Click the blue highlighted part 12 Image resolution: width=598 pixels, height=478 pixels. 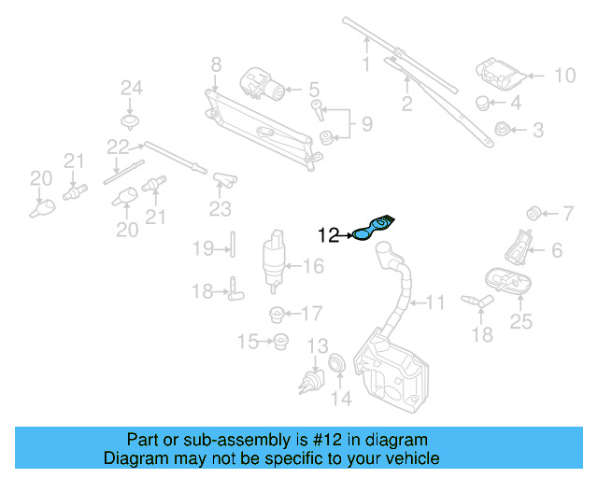tap(373, 231)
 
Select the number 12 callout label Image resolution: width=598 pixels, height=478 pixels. tap(329, 236)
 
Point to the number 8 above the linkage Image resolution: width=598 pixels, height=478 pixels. tap(216, 65)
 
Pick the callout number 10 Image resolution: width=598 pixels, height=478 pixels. tap(565, 76)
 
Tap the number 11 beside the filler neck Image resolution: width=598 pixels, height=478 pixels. tap(436, 302)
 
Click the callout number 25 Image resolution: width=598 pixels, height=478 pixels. tap(520, 322)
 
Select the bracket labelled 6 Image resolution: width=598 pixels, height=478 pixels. tap(517, 246)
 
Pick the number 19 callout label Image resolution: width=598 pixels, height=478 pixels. tap(203, 248)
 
